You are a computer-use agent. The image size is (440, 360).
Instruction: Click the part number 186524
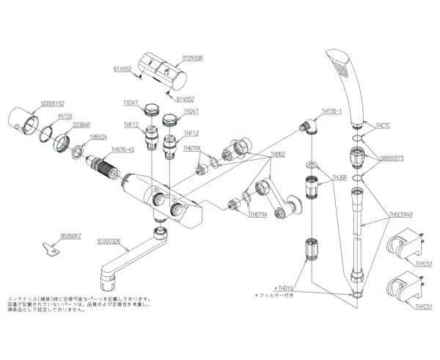coord(98,137)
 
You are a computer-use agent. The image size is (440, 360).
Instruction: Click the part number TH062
coord(277,155)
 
